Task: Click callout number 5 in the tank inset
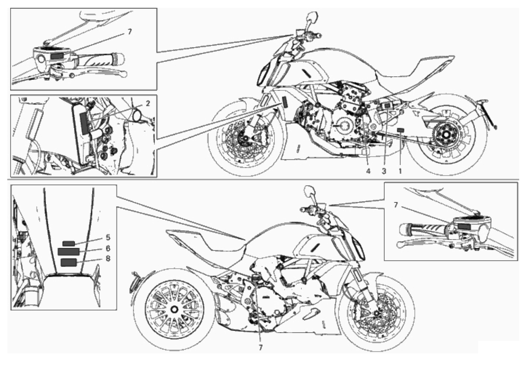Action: pos(108,237)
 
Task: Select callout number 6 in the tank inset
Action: pos(108,248)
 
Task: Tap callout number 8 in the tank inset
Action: pos(108,259)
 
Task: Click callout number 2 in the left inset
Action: pos(148,104)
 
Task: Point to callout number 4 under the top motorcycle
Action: pos(368,171)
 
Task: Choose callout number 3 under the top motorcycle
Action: pos(384,171)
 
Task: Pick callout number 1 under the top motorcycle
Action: pos(400,171)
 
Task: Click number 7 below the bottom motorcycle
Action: pos(260,348)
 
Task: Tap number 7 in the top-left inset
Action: pos(130,32)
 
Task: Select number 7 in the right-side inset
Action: pos(396,205)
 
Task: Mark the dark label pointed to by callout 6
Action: pos(69,252)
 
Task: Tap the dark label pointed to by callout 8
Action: pos(69,262)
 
